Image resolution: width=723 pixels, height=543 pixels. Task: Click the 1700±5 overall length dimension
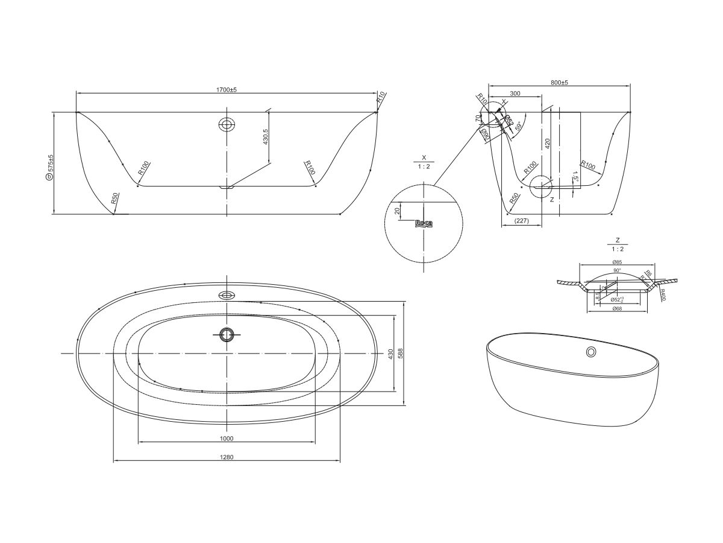coord(227,89)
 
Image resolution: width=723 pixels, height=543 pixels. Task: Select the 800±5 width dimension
coord(560,82)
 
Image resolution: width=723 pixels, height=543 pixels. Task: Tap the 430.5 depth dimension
coord(266,137)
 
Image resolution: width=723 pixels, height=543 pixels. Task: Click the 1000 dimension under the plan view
coord(227,439)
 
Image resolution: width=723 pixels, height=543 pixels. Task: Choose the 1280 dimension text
coord(227,457)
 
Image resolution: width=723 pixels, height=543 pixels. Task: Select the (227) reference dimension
coord(522,221)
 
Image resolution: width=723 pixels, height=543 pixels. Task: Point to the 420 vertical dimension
coord(547,143)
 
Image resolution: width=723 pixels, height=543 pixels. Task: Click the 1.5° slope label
coord(575,179)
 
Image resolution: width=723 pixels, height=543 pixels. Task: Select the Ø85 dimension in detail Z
coord(616,262)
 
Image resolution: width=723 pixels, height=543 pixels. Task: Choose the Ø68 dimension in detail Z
coord(616,309)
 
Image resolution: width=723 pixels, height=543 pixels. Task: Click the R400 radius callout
coord(662,295)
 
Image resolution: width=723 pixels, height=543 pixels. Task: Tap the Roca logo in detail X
coord(424,223)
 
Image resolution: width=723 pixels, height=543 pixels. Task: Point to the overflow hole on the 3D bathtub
coord(592,352)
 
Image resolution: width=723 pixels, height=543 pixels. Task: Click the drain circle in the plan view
coord(227,334)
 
